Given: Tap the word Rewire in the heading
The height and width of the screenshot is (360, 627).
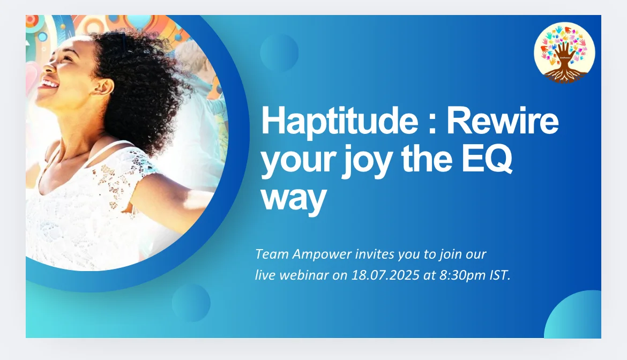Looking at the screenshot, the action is click(503, 120).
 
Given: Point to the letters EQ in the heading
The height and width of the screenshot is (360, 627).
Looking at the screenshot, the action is click(487, 159).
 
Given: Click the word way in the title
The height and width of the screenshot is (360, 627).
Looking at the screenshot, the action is click(294, 198).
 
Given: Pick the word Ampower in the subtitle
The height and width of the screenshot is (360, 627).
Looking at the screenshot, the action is click(322, 254).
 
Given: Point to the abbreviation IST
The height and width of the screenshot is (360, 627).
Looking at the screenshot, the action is click(500, 275).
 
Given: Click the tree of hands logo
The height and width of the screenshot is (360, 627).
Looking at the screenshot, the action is click(564, 52).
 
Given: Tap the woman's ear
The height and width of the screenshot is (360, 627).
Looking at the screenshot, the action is click(103, 86).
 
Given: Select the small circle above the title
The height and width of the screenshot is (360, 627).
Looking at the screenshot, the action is click(279, 52).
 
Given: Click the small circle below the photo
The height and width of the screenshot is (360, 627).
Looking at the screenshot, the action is click(191, 303).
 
